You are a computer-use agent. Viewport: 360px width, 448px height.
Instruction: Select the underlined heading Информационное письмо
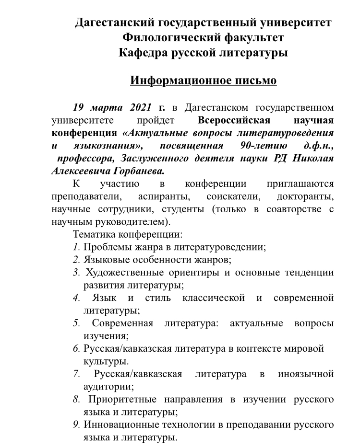click(x=203, y=80)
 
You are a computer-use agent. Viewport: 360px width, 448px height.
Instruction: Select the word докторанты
click(x=305, y=196)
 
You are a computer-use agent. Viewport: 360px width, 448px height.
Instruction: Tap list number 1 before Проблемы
click(x=76, y=248)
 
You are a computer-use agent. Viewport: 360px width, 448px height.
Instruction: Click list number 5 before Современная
click(x=76, y=323)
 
